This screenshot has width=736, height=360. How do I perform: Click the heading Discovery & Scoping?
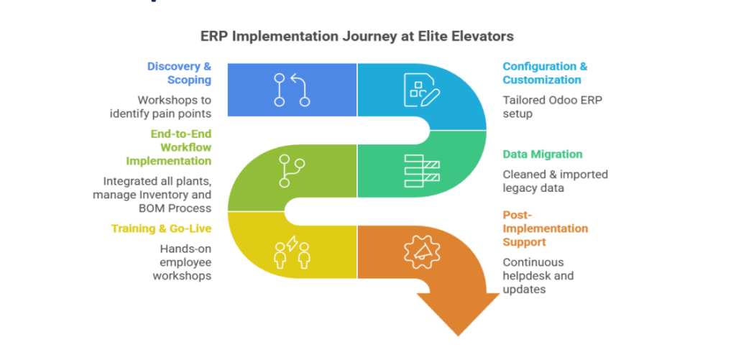pos(179,73)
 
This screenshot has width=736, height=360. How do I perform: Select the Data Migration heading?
pos(542,154)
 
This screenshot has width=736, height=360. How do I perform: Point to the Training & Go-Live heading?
pos(161,229)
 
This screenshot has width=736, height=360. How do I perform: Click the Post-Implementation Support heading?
pos(546,228)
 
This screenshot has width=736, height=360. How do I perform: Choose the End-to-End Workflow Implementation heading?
pos(180,147)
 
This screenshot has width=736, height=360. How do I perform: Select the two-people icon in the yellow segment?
pos(292,252)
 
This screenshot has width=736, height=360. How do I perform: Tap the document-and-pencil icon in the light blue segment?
pos(420,90)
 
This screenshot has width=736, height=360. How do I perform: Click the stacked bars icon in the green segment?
pos(420,170)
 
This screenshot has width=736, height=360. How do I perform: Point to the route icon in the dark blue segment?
pos(292,90)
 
